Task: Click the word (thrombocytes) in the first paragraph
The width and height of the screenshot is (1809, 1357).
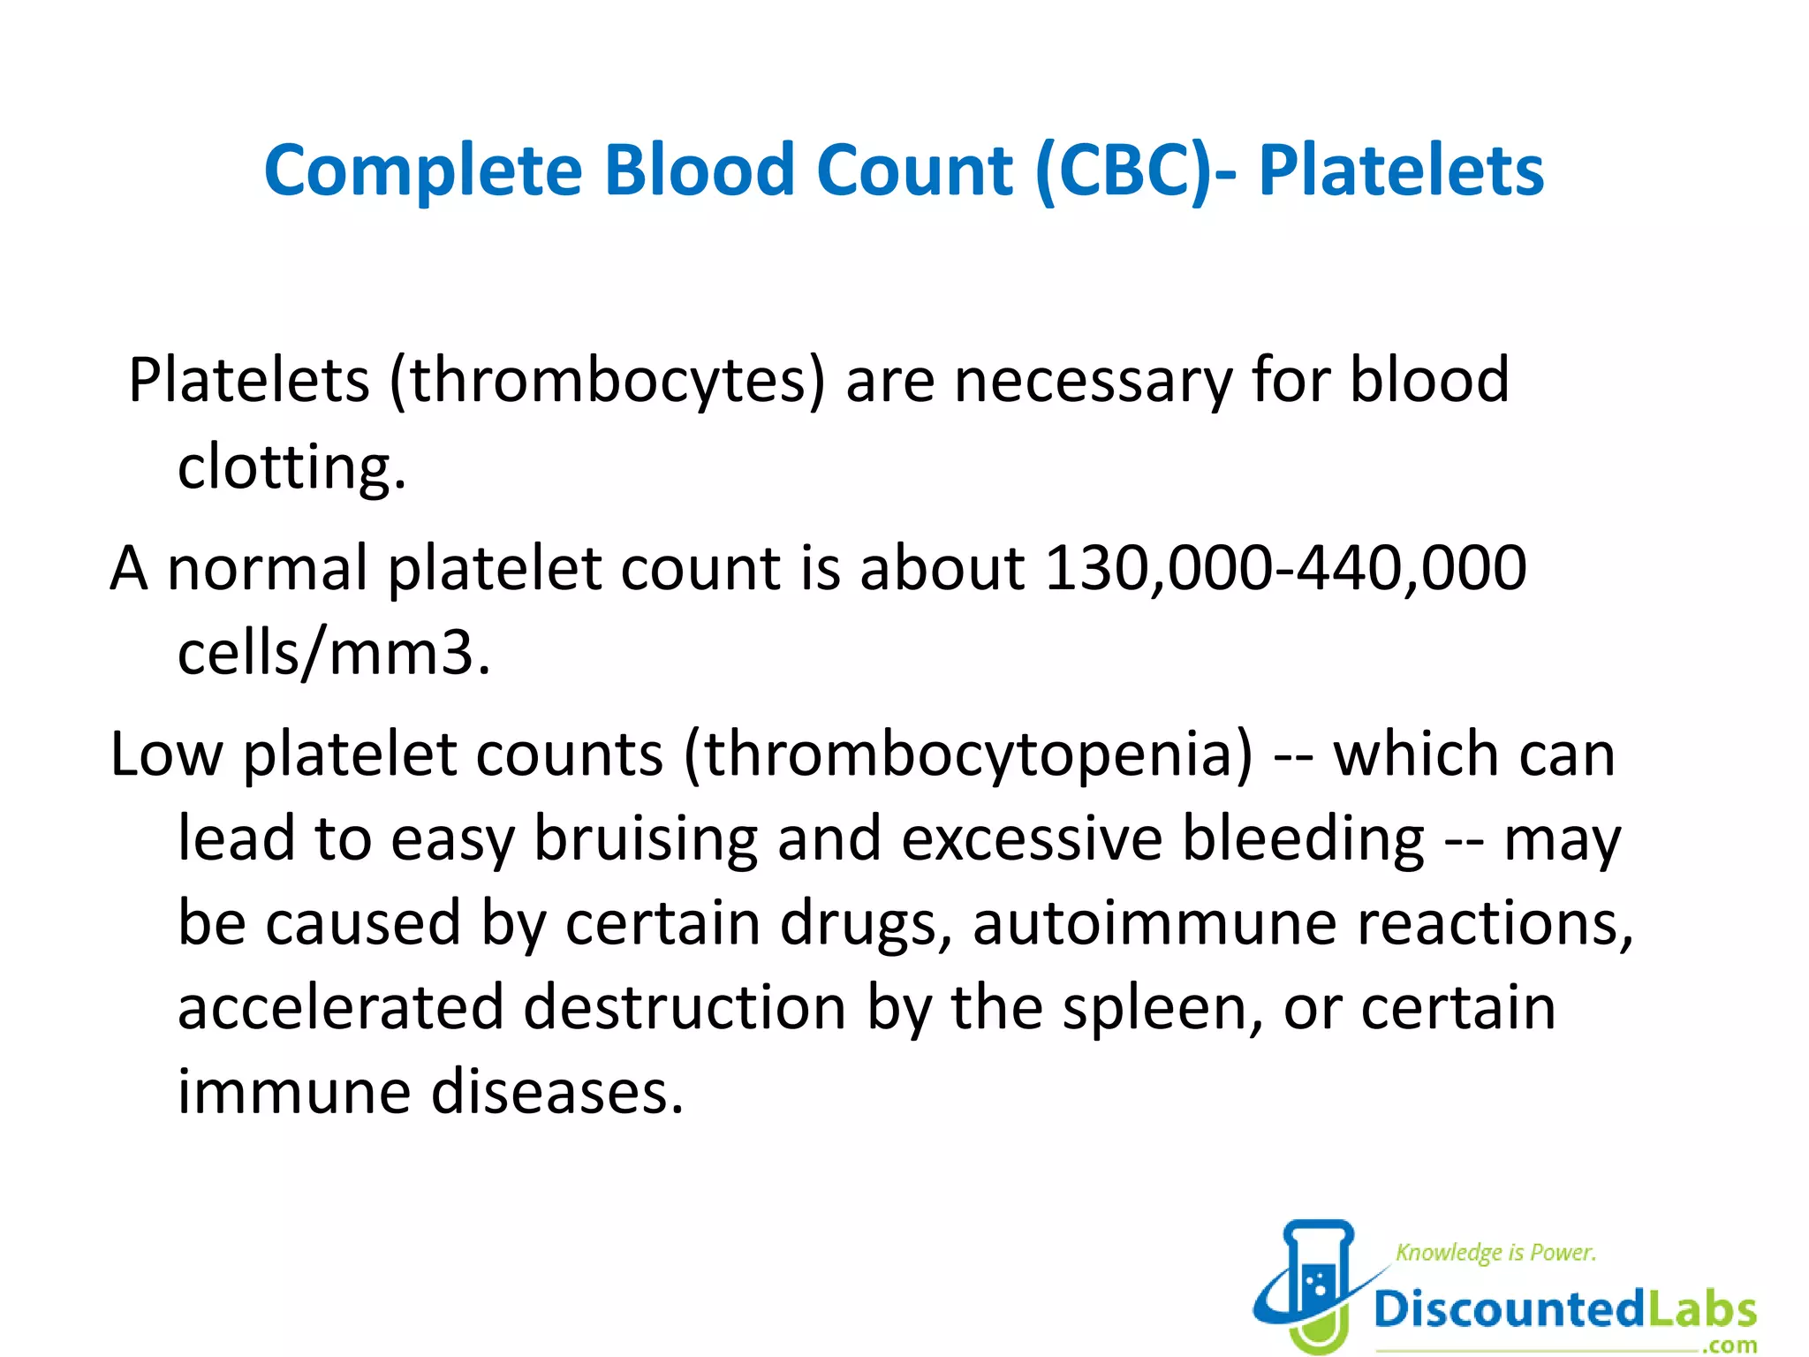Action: point(608,382)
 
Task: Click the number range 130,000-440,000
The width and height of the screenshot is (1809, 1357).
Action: point(1285,567)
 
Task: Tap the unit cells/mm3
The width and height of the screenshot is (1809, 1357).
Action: point(333,654)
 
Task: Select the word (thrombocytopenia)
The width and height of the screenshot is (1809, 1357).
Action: point(968,756)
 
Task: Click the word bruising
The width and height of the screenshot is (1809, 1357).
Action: point(646,839)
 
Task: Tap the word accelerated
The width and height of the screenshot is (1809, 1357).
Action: point(340,1009)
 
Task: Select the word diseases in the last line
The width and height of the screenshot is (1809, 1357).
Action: point(556,1093)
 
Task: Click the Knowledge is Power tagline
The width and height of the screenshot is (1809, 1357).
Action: point(1495,1253)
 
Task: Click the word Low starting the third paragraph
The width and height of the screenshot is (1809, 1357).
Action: point(166,756)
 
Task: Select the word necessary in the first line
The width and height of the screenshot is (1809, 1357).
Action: point(1093,382)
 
